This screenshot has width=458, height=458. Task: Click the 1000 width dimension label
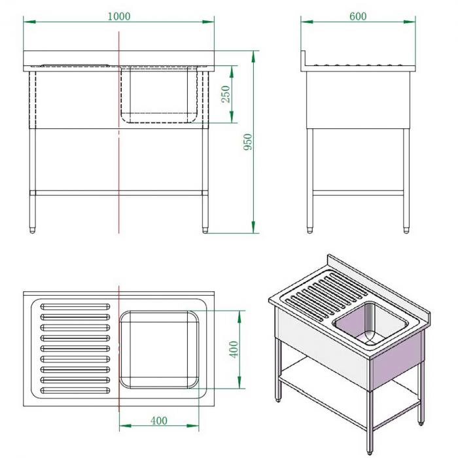118,16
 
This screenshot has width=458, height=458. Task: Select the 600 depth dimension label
358,16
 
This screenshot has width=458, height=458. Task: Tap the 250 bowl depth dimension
226,94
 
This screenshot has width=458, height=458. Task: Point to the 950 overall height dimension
247,142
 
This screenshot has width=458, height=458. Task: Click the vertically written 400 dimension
234,348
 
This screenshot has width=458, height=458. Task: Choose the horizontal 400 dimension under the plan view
159,420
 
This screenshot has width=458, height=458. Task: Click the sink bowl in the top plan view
159,348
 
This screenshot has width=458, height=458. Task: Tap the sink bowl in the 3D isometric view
370,325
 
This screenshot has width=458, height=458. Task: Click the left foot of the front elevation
33,228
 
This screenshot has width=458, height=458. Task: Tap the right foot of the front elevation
206,228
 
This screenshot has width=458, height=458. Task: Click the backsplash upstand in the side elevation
304,60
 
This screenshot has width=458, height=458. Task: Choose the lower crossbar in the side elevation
359,193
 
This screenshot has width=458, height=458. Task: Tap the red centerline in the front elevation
118,164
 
